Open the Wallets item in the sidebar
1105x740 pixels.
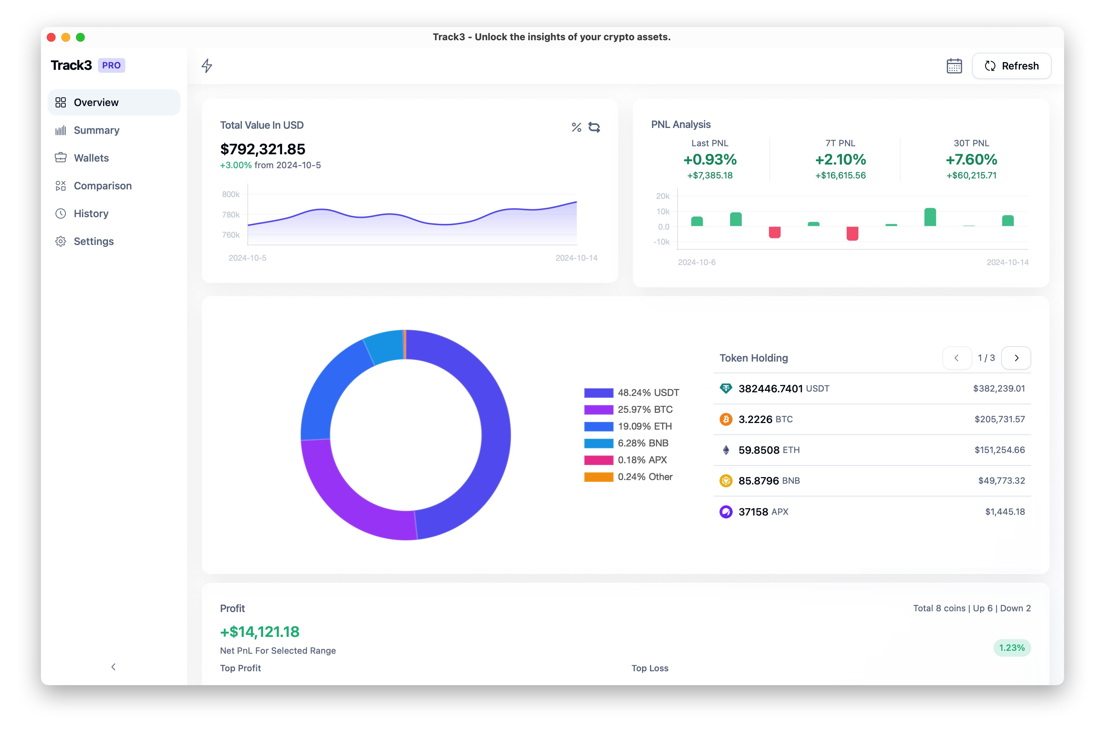[x=91, y=158]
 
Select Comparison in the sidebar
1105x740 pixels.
[x=102, y=186]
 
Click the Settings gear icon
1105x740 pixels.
[x=61, y=242]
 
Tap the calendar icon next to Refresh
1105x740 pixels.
[x=954, y=66]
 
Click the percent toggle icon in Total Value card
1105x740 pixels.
[x=576, y=128]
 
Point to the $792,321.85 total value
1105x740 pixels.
[x=263, y=150]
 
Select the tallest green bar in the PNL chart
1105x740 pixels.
[x=930, y=218]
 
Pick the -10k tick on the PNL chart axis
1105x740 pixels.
[x=661, y=242]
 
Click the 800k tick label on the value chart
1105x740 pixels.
[x=231, y=195]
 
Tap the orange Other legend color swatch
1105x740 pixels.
[x=598, y=477]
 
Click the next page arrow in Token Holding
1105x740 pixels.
[x=1016, y=358]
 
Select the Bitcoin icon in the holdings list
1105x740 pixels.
[x=726, y=420]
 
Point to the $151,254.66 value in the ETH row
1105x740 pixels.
[x=999, y=450]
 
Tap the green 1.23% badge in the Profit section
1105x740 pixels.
[x=1011, y=648]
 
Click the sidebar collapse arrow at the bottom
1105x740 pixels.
[x=113, y=667]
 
